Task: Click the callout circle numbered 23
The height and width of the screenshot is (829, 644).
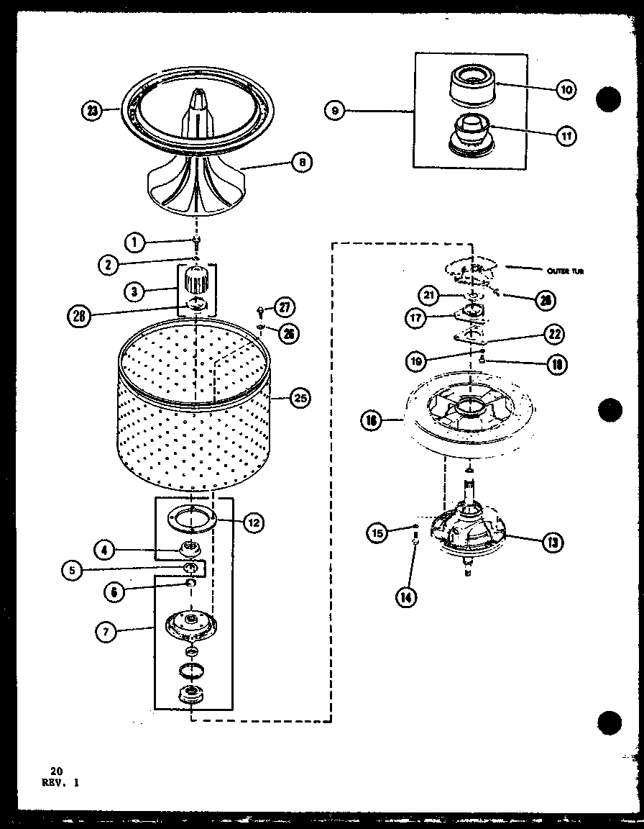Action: click(x=92, y=111)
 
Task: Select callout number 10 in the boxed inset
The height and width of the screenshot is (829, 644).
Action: click(x=566, y=89)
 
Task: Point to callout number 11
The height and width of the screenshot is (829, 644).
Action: click(x=566, y=135)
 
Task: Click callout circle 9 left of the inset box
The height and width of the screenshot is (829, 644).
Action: click(x=335, y=111)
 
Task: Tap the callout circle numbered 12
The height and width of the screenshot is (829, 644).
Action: click(x=252, y=523)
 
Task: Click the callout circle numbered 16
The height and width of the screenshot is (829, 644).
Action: click(x=371, y=422)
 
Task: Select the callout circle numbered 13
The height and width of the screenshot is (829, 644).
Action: click(x=552, y=542)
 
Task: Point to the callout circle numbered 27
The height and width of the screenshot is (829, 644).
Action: click(x=286, y=307)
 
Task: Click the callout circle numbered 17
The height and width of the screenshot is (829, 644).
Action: click(x=415, y=317)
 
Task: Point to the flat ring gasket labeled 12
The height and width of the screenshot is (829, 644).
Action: click(x=191, y=519)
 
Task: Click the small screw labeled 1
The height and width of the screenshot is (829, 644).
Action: click(x=195, y=243)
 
